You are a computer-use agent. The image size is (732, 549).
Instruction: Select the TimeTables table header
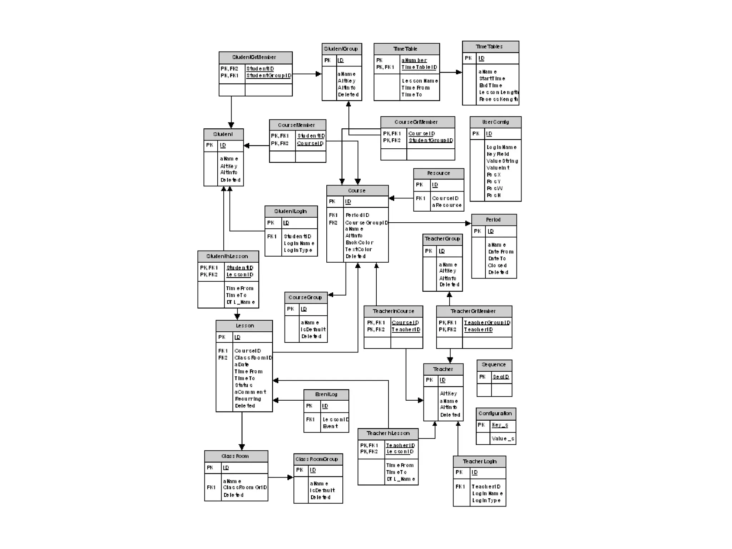click(489, 47)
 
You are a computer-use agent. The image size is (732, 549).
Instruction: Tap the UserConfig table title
click(495, 122)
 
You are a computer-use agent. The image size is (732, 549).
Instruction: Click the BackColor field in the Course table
click(359, 243)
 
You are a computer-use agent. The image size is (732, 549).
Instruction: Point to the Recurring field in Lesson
click(248, 399)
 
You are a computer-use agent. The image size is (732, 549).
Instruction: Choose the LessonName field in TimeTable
click(420, 81)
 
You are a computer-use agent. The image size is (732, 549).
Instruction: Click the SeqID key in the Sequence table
click(501, 377)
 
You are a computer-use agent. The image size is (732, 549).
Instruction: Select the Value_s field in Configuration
click(503, 439)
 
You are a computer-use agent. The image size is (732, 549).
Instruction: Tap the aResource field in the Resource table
click(446, 206)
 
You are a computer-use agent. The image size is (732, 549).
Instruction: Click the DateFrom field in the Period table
click(501, 252)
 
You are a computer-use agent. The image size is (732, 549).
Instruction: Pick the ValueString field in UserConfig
click(502, 161)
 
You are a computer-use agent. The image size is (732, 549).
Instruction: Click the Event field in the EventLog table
click(330, 426)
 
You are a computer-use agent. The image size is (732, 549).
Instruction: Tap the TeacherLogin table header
click(479, 462)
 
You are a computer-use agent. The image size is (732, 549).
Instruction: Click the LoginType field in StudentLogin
click(298, 250)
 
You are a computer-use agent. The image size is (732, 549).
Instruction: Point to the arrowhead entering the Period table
click(468, 223)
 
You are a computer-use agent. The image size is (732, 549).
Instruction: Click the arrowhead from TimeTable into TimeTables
click(459, 72)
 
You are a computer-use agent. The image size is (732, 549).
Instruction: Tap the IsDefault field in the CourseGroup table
click(313, 330)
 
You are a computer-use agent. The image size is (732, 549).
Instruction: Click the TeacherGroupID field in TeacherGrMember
click(487, 323)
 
